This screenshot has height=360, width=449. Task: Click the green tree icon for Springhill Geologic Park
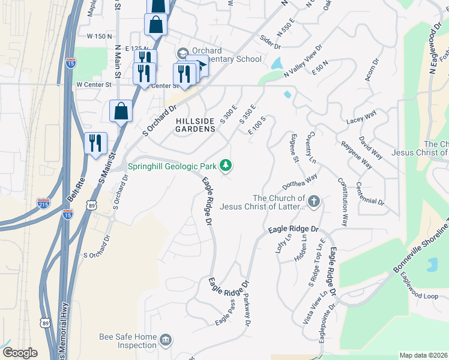coord(226,164)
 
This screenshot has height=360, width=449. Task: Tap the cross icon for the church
coord(315,202)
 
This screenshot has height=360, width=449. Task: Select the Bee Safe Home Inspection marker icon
coord(165,341)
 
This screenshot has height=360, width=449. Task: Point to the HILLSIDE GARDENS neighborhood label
coord(195,125)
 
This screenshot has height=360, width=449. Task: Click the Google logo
coord(20,353)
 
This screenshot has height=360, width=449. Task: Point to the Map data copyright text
coord(423,355)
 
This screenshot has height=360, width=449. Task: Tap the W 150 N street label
coord(100,37)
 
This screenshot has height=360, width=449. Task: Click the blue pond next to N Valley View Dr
coord(277,62)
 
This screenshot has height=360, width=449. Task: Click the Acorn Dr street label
coord(372,70)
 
